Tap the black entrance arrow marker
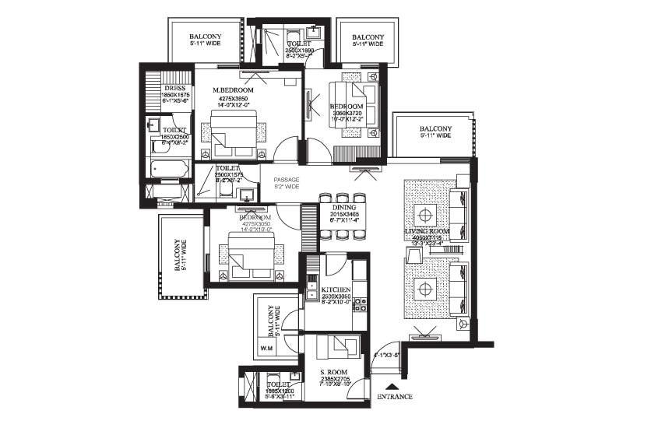click(x=394, y=385)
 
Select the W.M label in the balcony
click(x=264, y=348)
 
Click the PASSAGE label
click(x=286, y=180)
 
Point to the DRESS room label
click(x=173, y=87)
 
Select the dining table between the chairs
click(x=343, y=215)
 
